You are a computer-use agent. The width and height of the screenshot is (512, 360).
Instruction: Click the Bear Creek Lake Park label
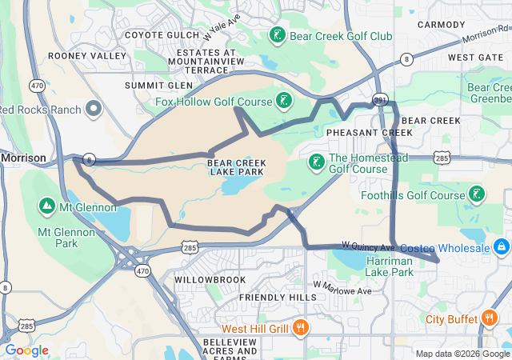coord(236,167)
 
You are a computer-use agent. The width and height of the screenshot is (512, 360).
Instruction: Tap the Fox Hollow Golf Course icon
coord(282,100)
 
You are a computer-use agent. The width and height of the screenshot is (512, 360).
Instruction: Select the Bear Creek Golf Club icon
coord(277,35)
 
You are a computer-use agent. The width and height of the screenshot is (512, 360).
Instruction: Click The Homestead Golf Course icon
coord(317,162)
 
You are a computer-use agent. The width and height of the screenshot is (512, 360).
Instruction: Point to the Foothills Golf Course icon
coord(476,194)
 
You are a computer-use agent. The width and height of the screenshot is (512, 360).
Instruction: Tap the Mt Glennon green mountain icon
coord(46,206)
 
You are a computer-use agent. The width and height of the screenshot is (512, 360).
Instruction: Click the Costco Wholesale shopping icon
coord(502,247)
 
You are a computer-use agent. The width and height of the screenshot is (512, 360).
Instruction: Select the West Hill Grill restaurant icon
coord(301,328)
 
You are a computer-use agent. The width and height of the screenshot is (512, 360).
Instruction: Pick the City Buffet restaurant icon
coord(490,319)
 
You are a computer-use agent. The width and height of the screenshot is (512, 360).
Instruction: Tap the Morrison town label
coord(24,158)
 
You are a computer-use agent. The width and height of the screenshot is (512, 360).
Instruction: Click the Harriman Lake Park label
coord(390,267)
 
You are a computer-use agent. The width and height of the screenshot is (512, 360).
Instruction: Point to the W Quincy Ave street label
coord(368,246)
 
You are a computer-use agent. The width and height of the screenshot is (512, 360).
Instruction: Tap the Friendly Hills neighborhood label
coord(279,298)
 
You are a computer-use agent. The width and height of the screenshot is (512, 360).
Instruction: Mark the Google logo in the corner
coord(26,350)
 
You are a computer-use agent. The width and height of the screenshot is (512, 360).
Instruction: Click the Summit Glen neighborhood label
coord(158,85)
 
